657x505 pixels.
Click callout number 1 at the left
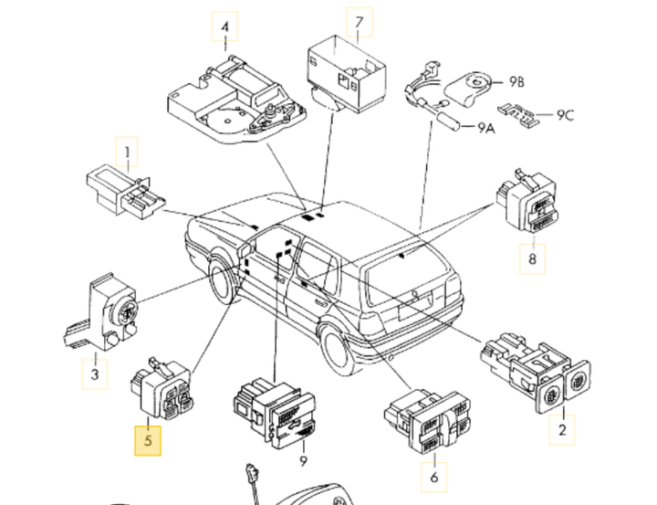point(128,151)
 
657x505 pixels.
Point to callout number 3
point(95,373)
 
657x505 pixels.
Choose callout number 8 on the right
point(533,260)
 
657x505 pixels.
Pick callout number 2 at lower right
point(562,429)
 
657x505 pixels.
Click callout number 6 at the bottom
point(433,476)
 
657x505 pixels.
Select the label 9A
point(483,128)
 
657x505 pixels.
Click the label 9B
point(516,82)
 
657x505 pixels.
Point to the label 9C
point(566,114)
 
